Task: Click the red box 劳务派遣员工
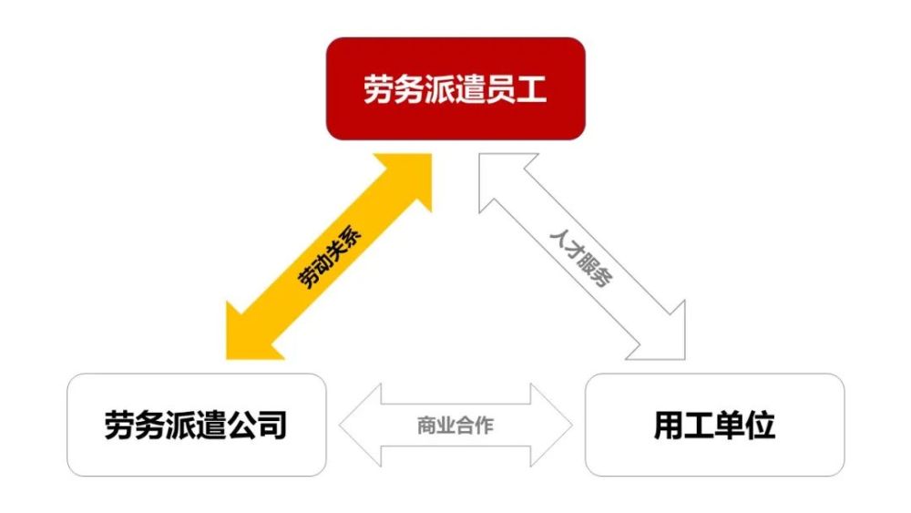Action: pyautogui.click(x=455, y=88)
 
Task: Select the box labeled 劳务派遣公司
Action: pyautogui.click(x=197, y=425)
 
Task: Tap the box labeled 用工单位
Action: pyautogui.click(x=714, y=425)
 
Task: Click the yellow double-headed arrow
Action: pyautogui.click(x=329, y=257)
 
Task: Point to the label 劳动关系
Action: pyautogui.click(x=329, y=256)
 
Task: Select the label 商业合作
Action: pyautogui.click(x=455, y=426)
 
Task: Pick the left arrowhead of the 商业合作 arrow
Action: pyautogui.click(x=360, y=426)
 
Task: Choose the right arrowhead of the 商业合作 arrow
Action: pyautogui.click(x=551, y=426)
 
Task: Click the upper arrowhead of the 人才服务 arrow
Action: pyautogui.click(x=503, y=177)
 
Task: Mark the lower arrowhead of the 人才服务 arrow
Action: pyautogui.click(x=661, y=336)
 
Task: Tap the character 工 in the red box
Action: pyautogui.click(x=532, y=89)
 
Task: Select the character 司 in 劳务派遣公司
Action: pyautogui.click(x=271, y=425)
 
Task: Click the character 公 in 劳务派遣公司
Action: pyautogui.click(x=241, y=425)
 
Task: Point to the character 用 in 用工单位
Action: pyautogui.click(x=670, y=425)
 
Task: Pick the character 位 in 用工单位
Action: pyautogui.click(x=761, y=425)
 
